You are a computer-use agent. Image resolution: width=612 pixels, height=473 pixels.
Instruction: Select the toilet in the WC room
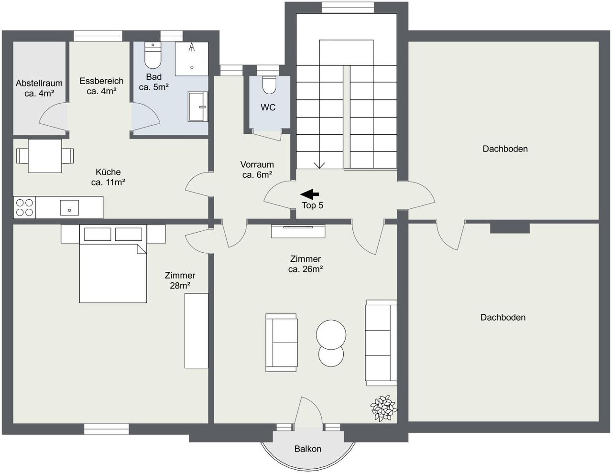point(269,85)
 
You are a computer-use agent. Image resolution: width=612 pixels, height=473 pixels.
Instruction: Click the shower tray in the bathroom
point(192,59)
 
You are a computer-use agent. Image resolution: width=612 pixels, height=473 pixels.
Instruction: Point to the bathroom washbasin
point(198,107)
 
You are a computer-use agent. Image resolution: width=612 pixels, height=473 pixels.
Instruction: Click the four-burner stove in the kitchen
point(24,207)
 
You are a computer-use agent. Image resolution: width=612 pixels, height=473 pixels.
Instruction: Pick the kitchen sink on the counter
point(69,208)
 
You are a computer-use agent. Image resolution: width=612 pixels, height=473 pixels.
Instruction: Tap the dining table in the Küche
point(45,156)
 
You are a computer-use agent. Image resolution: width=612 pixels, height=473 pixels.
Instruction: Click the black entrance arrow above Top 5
point(309,194)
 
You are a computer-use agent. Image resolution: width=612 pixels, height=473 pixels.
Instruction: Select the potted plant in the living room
point(383,408)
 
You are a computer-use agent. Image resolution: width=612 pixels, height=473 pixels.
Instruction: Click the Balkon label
point(308,449)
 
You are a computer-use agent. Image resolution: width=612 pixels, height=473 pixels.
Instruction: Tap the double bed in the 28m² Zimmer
point(113,264)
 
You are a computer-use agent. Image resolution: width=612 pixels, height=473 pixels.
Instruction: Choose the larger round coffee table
point(331,334)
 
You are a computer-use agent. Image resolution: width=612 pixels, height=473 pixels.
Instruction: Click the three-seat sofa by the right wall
point(381,343)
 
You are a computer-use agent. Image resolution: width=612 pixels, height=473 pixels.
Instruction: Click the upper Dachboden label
point(505,149)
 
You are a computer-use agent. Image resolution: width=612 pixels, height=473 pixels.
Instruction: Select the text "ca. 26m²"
point(306,269)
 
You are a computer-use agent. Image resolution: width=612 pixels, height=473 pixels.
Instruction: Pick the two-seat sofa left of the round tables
point(281,343)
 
